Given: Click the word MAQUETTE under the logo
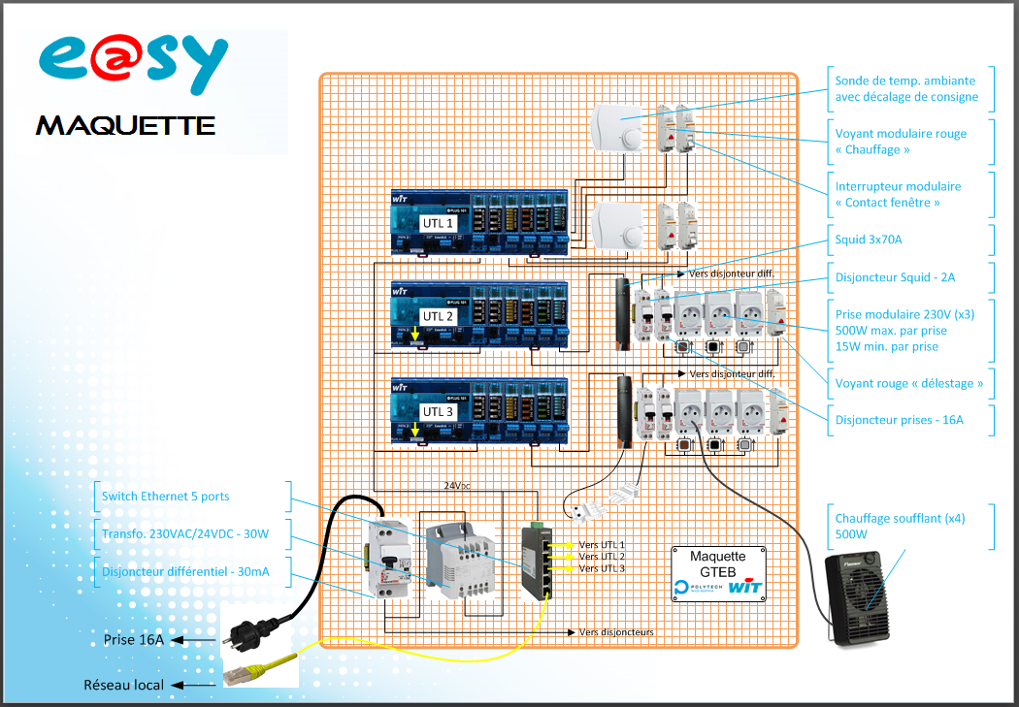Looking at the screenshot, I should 125,125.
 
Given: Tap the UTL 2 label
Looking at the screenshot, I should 438,316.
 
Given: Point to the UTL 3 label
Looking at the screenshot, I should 438,411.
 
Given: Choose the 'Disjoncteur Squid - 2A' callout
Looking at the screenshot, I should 895,277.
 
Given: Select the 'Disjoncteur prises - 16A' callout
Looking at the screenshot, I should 900,420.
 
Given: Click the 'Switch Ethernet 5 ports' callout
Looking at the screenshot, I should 165,497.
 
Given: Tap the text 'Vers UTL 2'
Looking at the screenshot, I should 602,557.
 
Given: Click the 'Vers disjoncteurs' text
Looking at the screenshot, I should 616,632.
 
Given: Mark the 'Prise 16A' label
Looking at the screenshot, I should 132,640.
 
